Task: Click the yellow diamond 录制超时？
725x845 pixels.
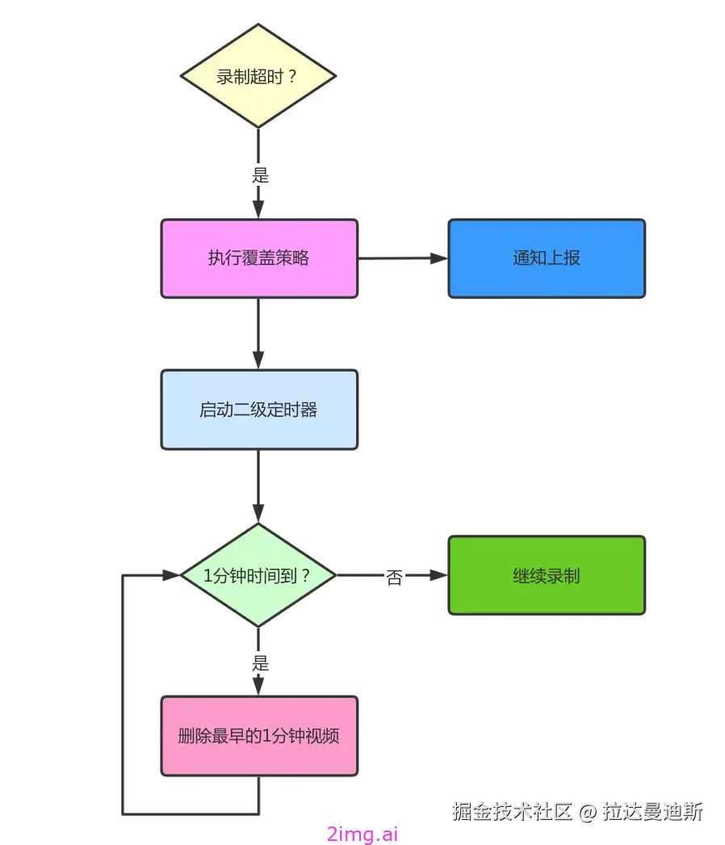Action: (258, 76)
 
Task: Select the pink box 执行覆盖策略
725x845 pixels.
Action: (258, 259)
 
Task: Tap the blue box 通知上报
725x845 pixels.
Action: (547, 259)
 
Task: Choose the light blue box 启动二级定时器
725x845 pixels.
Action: (258, 410)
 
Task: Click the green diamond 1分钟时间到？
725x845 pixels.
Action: (258, 575)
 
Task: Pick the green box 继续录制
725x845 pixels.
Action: (547, 575)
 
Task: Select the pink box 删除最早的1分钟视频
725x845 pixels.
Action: (258, 736)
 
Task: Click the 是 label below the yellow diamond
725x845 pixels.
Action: (259, 174)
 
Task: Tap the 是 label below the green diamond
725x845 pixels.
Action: (259, 663)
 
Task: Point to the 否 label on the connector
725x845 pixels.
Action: (394, 577)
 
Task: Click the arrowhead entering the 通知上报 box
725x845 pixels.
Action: (439, 259)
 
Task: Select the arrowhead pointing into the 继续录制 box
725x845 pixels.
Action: (439, 575)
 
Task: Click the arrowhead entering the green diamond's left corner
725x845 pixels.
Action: (170, 575)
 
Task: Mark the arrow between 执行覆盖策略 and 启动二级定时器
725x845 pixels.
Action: (258, 333)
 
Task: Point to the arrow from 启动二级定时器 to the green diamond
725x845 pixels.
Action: (258, 485)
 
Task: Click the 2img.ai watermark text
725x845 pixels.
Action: (362, 834)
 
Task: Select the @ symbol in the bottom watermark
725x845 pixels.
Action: (588, 812)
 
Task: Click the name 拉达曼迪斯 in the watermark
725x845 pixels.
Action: (652, 811)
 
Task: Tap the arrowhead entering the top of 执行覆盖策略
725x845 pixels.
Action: (258, 209)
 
